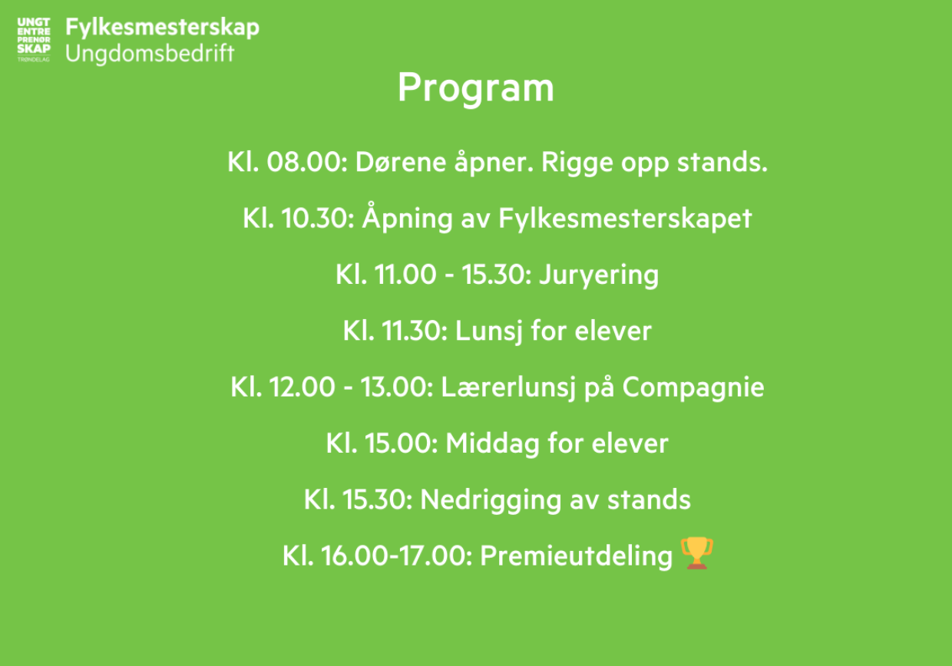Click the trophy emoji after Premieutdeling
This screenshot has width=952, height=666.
(697, 553)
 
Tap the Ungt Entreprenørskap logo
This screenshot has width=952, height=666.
(34, 40)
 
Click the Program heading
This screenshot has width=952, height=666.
(476, 88)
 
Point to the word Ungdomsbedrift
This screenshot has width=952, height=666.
(150, 54)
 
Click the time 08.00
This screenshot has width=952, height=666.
(307, 162)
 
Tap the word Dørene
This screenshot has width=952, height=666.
(401, 162)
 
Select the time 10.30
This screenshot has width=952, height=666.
(318, 219)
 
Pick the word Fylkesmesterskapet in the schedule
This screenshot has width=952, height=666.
(625, 219)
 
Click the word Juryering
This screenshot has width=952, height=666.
(600, 275)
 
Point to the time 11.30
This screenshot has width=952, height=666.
(415, 331)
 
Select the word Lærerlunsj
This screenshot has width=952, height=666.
(509, 387)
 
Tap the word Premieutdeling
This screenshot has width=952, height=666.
(577, 556)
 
